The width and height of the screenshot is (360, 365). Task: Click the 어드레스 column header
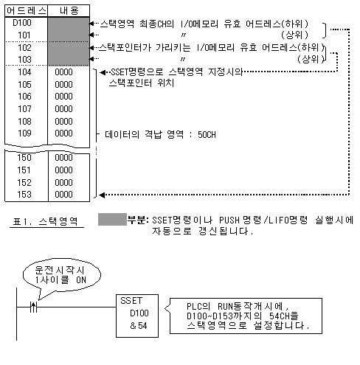(x=27, y=11)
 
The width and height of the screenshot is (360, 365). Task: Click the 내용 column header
(x=69, y=11)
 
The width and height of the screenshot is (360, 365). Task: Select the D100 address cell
(x=22, y=23)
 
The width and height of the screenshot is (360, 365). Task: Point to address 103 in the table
(x=24, y=60)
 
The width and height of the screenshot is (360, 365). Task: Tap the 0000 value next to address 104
(x=63, y=72)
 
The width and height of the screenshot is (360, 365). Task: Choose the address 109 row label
(x=24, y=133)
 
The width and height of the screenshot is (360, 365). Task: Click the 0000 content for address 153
(x=63, y=195)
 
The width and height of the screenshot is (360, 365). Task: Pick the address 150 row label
(x=24, y=158)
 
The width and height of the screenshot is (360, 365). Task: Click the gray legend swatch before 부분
(x=112, y=219)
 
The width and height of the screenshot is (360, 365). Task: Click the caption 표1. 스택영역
(x=45, y=221)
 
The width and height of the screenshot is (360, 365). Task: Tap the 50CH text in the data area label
(x=207, y=135)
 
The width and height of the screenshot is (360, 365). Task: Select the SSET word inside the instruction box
(x=131, y=301)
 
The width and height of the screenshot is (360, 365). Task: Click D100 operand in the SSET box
(x=139, y=313)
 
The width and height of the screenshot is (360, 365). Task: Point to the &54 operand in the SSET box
(x=139, y=326)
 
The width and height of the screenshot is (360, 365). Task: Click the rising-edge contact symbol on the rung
(x=34, y=307)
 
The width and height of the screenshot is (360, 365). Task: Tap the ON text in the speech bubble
(x=81, y=280)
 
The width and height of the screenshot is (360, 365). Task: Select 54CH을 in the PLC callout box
(x=284, y=316)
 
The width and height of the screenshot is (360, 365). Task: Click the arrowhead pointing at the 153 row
(x=102, y=195)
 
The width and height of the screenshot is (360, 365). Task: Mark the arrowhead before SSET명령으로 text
(x=103, y=72)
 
